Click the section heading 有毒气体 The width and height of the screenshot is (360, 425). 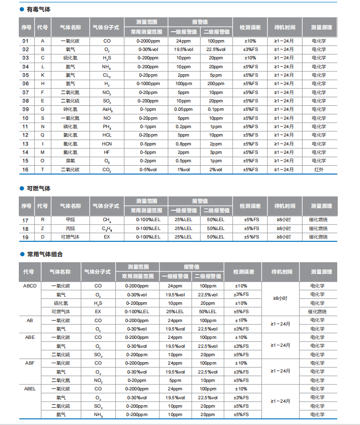click(x=38, y=9)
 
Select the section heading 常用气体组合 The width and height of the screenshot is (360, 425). click(x=45, y=254)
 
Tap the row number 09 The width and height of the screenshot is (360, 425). click(x=26, y=109)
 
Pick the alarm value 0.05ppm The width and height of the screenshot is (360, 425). click(x=183, y=109)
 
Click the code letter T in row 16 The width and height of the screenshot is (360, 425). click(x=43, y=170)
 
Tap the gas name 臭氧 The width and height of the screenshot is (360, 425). click(x=70, y=161)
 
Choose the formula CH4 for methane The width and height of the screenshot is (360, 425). click(x=107, y=220)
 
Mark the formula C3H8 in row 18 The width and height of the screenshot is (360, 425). click(x=107, y=229)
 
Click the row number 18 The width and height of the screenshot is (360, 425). click(x=26, y=229)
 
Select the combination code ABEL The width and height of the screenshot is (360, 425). click(x=30, y=389)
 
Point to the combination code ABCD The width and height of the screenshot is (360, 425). click(x=30, y=286)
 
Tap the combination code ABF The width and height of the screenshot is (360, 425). click(x=30, y=363)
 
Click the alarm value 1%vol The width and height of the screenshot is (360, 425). click(x=183, y=170)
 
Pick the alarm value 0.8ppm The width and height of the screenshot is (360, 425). click(x=183, y=144)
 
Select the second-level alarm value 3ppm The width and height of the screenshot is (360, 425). click(x=215, y=152)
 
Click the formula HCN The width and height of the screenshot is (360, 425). click(x=107, y=144)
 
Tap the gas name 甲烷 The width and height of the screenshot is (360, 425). click(x=70, y=220)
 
